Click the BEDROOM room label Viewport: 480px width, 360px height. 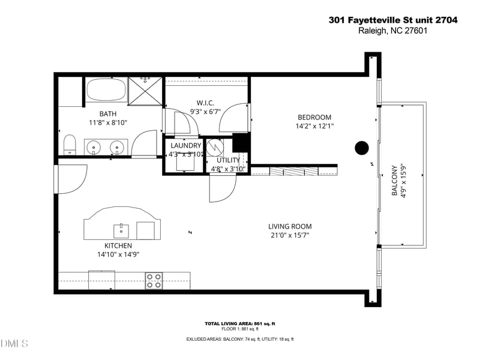point(314,117)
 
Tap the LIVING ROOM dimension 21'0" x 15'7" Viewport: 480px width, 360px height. point(290,235)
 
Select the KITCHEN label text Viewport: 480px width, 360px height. point(118,245)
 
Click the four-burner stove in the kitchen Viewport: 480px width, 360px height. point(154,281)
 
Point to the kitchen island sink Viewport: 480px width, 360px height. point(121,231)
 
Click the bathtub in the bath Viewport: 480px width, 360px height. point(106,89)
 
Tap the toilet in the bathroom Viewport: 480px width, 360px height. point(70,145)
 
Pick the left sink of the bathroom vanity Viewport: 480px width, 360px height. point(94,148)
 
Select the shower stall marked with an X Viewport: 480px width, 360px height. point(145,91)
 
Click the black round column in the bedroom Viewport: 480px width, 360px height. point(362,148)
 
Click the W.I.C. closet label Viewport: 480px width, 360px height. point(205,103)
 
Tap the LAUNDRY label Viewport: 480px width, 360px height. point(186,145)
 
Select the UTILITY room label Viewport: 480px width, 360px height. point(228,160)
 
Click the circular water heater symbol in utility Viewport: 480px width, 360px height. point(214,147)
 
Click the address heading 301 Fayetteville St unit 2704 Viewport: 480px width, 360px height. point(393,20)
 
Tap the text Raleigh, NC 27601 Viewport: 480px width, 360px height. point(393,31)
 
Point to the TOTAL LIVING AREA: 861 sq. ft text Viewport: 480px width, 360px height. point(240,323)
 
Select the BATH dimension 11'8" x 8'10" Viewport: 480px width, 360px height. point(108,123)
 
